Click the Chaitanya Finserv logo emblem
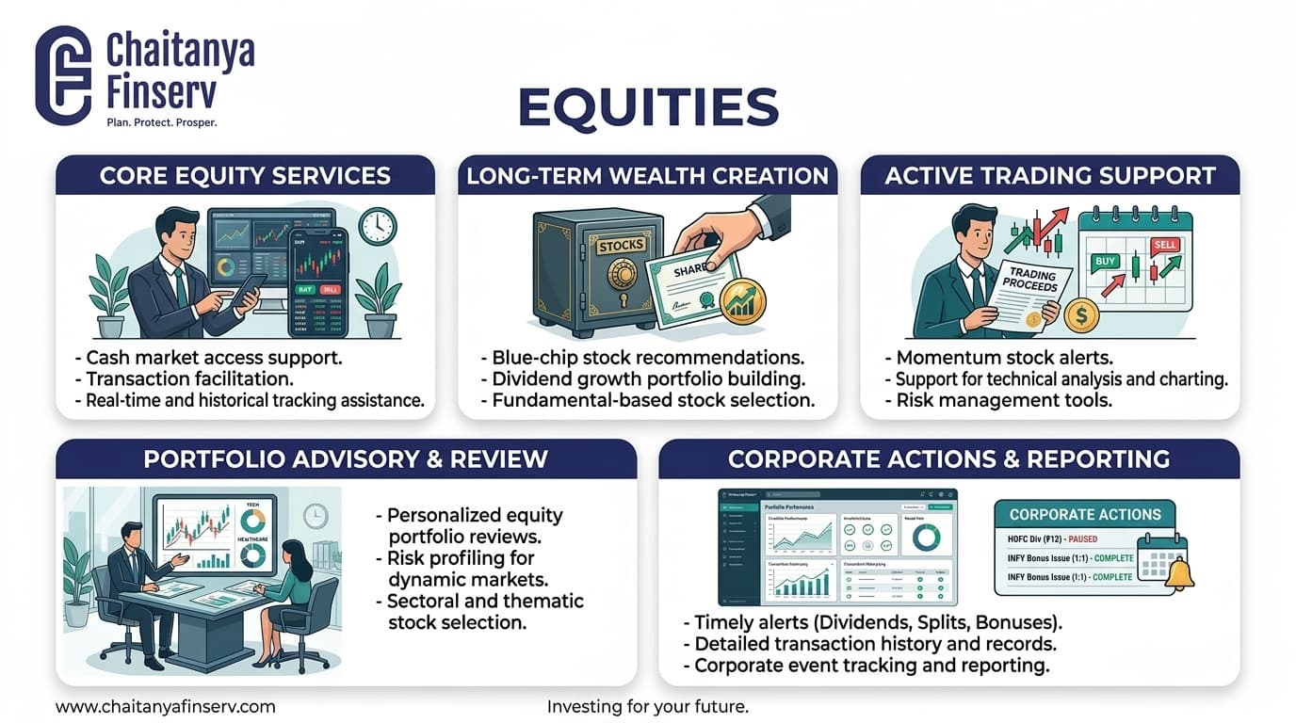coord(63,74)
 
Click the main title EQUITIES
coord(648,107)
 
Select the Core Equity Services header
coord(245,175)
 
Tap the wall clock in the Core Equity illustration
coord(378,226)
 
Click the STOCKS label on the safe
coord(621,246)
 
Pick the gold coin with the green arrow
coord(741,303)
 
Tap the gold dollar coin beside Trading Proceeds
coord(1081,314)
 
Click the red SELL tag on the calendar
coord(1165,245)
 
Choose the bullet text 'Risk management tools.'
coord(999,400)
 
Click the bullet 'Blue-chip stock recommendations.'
coord(648,359)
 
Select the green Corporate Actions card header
coord(1085,514)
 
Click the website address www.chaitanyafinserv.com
coord(166,706)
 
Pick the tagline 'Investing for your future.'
coord(647,706)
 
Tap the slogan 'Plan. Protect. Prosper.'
coord(161,122)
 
